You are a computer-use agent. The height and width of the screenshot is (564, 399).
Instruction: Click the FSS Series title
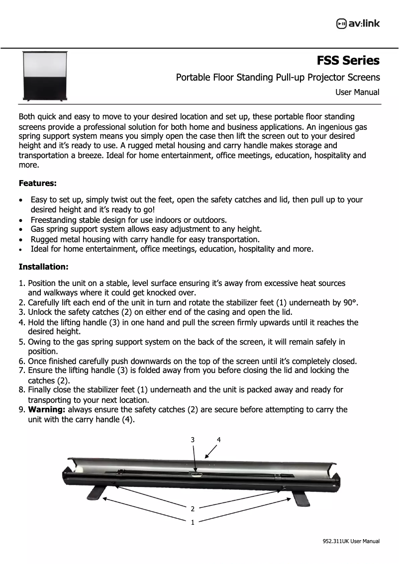tap(348, 61)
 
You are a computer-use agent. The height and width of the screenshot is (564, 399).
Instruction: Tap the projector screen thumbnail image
tap(44, 77)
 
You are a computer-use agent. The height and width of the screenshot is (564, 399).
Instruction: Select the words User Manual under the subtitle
tap(357, 93)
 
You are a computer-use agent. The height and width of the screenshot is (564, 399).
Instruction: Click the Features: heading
tap(37, 184)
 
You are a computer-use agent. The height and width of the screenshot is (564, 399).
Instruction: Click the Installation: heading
tap(43, 267)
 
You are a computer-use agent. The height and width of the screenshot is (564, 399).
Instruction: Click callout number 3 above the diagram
tap(193, 440)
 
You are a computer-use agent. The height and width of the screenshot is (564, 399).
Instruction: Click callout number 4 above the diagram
tap(218, 440)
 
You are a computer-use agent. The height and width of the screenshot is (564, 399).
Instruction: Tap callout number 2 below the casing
tap(193, 509)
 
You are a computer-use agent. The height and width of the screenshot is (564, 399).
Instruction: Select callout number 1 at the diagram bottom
tap(193, 522)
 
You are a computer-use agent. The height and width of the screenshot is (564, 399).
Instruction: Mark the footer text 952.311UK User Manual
tap(351, 541)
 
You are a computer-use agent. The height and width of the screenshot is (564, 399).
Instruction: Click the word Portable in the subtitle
tap(193, 78)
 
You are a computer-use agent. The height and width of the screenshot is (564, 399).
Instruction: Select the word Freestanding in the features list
tap(53, 220)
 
